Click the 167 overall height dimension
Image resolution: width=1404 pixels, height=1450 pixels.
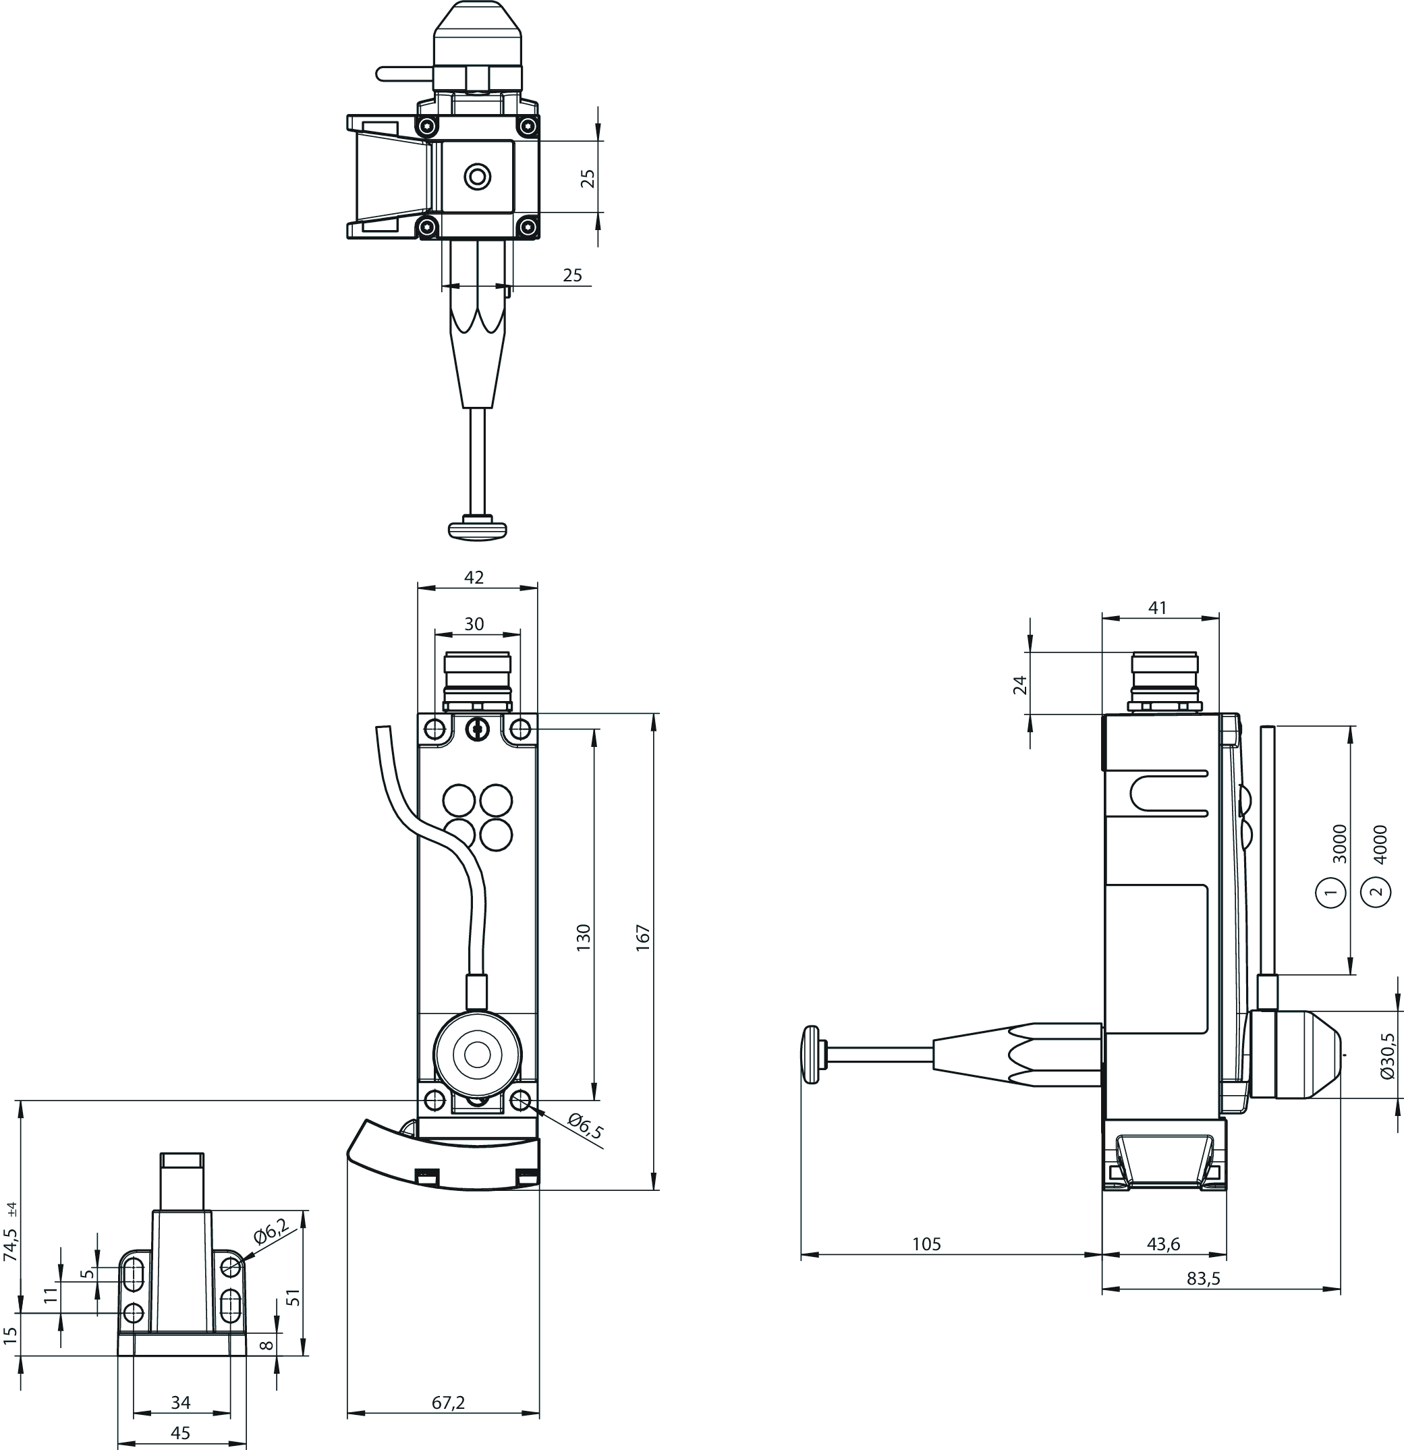(642, 937)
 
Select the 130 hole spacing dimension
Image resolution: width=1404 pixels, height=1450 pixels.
(584, 937)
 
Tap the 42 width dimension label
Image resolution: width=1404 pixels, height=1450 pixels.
(474, 577)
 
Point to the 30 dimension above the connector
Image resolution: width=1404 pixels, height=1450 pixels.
(474, 623)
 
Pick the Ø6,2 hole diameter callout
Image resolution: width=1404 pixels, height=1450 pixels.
(271, 1233)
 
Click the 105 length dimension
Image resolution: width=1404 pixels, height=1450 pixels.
(926, 1244)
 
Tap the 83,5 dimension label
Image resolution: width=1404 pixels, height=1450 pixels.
(1203, 1279)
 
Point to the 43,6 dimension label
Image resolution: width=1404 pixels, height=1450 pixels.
(1164, 1244)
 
